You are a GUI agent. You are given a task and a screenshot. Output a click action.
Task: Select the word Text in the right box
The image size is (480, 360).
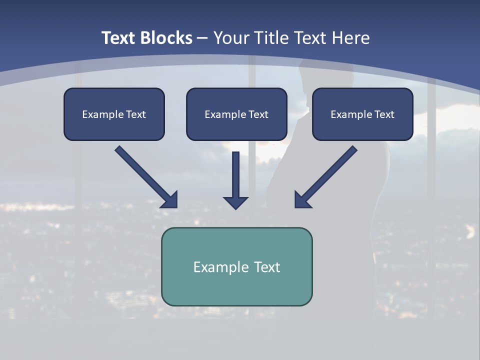(x=384, y=114)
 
